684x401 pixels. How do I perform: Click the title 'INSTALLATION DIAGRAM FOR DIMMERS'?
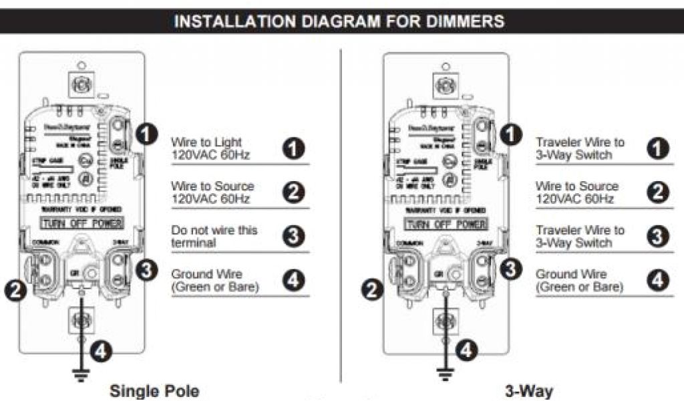(339, 21)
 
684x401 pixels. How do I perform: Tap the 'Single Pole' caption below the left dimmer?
(154, 390)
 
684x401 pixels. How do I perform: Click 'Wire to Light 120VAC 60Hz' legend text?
(207, 148)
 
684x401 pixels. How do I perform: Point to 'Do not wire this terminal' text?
(214, 237)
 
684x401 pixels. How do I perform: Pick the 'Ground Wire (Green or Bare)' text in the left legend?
(215, 281)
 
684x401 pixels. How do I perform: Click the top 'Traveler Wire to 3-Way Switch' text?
(580, 148)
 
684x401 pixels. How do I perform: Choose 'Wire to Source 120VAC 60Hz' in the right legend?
(577, 192)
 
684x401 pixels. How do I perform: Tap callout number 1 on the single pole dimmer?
(146, 134)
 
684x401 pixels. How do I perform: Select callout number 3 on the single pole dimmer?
(146, 270)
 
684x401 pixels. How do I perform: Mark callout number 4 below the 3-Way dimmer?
(468, 348)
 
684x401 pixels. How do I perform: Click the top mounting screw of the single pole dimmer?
(81, 85)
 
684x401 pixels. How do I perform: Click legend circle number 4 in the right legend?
(659, 280)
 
